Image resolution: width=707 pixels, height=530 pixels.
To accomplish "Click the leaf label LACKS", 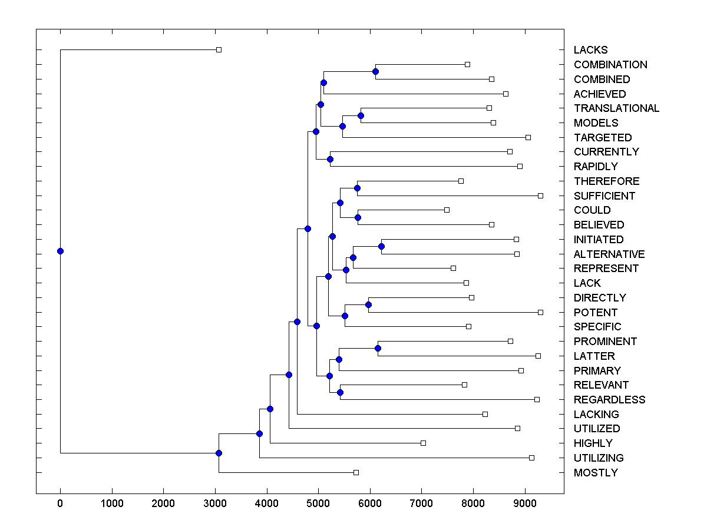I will pyautogui.click(x=590, y=50).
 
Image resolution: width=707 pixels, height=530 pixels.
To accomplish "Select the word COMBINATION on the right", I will pyautogui.click(x=610, y=65).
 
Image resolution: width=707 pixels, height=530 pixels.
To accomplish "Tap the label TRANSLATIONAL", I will pyautogui.click(x=616, y=108).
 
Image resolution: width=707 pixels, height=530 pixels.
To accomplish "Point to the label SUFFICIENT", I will pyautogui.click(x=604, y=196).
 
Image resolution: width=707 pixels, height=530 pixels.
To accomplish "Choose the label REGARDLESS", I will pyautogui.click(x=609, y=400).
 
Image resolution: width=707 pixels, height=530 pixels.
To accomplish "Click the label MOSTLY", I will pyautogui.click(x=596, y=473).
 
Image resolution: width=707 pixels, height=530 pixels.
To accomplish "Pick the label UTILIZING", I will pyautogui.click(x=599, y=458).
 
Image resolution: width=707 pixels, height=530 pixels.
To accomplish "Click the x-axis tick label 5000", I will pyautogui.click(x=318, y=503).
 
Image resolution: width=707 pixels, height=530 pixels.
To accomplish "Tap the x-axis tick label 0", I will pyautogui.click(x=60, y=503).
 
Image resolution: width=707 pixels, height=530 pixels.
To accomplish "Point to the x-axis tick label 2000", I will pyautogui.click(x=163, y=503).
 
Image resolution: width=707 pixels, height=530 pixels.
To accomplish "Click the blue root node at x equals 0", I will pyautogui.click(x=60, y=251).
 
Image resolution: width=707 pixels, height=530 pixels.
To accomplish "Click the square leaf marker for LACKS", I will pyautogui.click(x=219, y=50).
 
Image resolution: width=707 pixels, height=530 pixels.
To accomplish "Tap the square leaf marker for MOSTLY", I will pyautogui.click(x=356, y=472).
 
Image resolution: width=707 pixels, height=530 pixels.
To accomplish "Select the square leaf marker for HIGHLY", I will pyautogui.click(x=423, y=443).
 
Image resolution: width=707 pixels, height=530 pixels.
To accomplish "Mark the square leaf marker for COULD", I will pyautogui.click(x=447, y=210).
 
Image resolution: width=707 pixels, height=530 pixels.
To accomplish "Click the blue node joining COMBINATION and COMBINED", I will pyautogui.click(x=376, y=72).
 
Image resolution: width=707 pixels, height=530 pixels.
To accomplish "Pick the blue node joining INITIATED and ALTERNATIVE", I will pyautogui.click(x=381, y=247).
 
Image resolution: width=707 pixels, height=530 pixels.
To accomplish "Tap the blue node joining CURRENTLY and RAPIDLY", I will pyautogui.click(x=330, y=159).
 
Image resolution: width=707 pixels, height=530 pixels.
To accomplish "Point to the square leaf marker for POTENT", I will pyautogui.click(x=540, y=312).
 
